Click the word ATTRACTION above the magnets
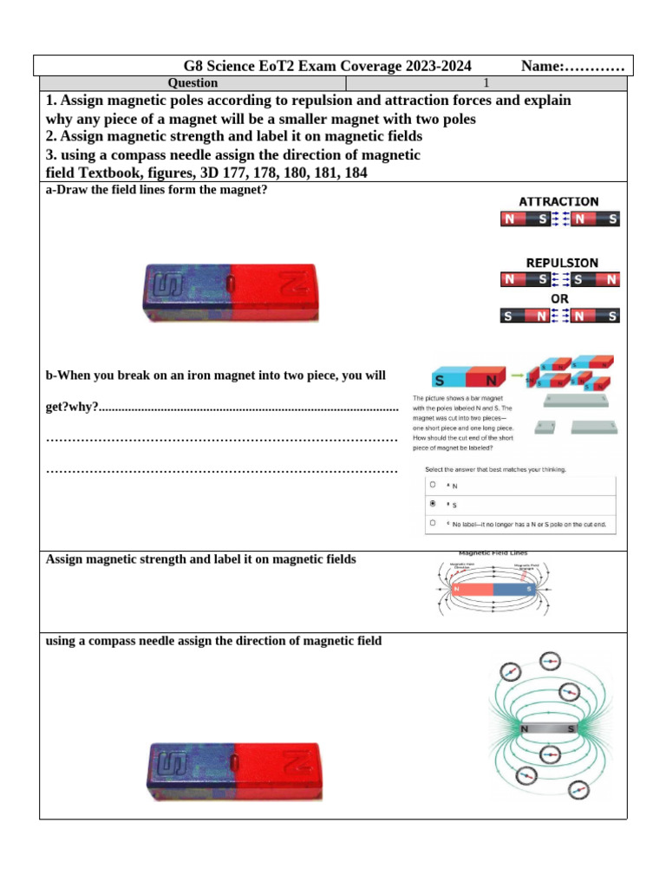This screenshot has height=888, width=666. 558,201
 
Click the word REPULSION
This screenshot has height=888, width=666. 561,262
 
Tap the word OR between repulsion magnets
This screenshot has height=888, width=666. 560,298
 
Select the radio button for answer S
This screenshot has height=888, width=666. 433,503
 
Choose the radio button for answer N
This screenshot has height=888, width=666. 433,486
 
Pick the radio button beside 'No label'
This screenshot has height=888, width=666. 433,524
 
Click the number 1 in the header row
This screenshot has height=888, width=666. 486,83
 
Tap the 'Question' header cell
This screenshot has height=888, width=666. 193,83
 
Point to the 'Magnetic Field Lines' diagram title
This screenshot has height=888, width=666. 492,552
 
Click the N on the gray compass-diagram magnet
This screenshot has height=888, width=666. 525,730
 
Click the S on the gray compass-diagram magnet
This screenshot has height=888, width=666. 571,730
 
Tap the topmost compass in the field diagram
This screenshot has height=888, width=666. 550,663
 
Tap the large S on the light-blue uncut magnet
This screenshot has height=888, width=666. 441,381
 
